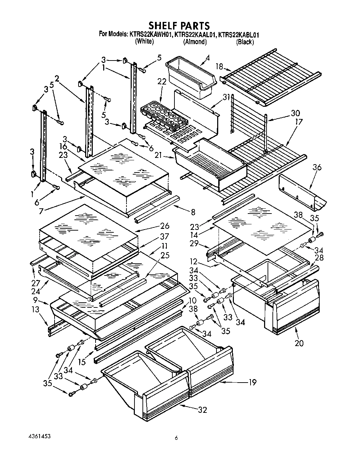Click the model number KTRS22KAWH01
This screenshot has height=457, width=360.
(x=151, y=35)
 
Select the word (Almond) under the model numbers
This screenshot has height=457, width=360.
(x=195, y=42)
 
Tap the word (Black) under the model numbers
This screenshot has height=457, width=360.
(x=245, y=42)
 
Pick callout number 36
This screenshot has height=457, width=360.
(x=317, y=168)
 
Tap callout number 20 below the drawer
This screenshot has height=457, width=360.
(x=299, y=343)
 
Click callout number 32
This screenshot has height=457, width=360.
(x=202, y=410)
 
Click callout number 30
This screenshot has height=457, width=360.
(x=295, y=113)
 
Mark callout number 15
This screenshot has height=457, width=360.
(x=82, y=362)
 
